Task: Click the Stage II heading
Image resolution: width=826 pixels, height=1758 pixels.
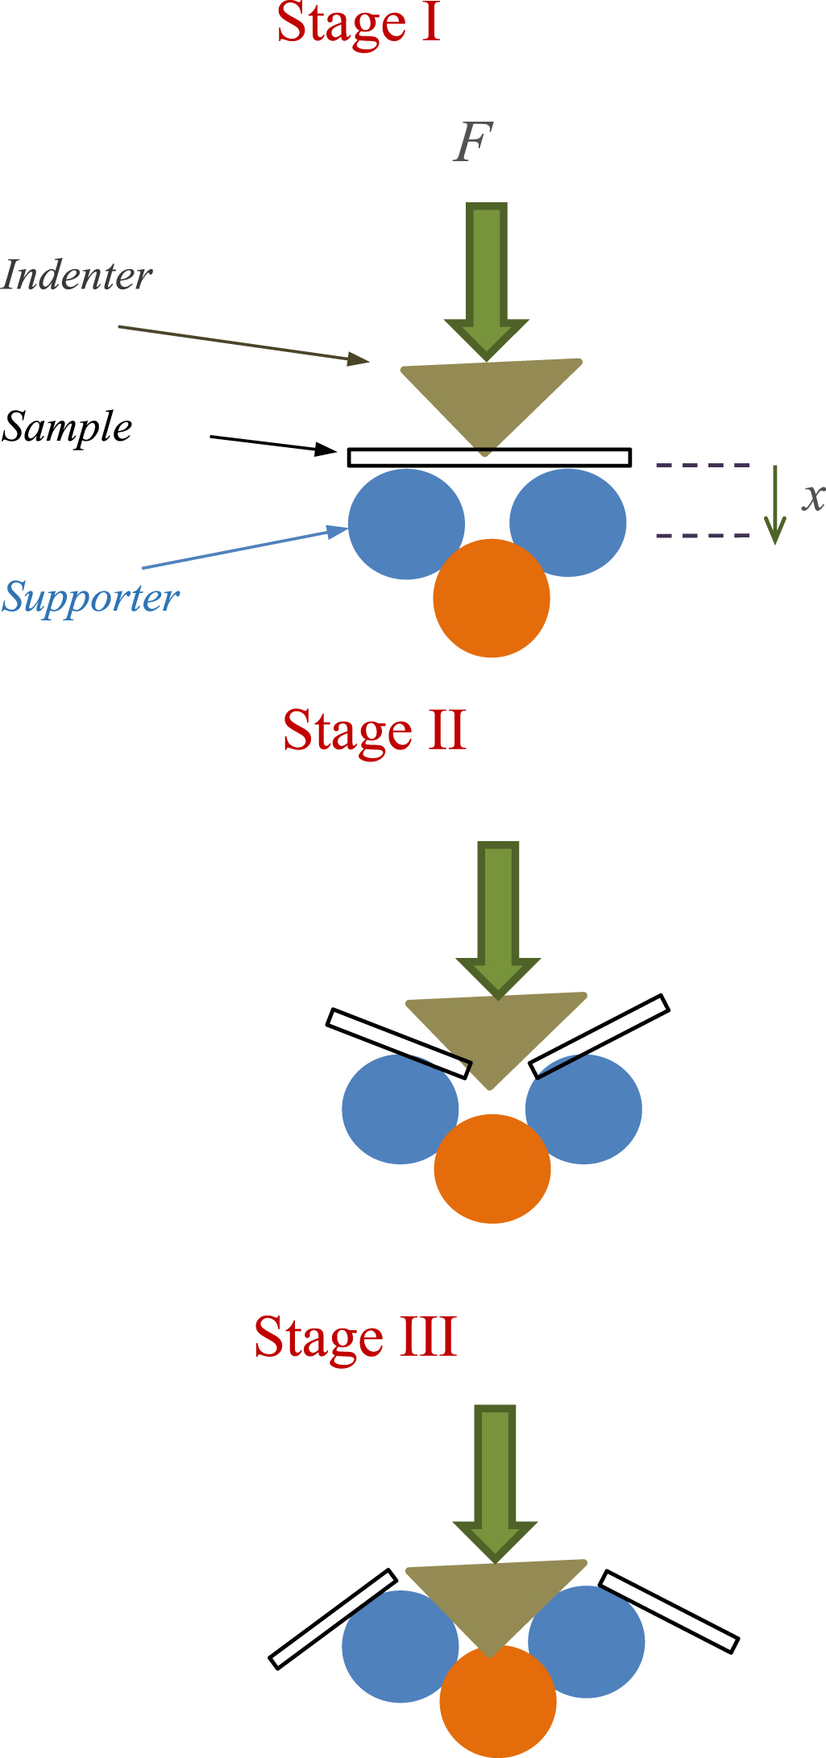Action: pyautogui.click(x=375, y=731)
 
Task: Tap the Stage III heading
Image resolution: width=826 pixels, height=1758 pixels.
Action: pyautogui.click(x=355, y=1337)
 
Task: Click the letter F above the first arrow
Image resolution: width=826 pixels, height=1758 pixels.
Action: pyautogui.click(x=472, y=143)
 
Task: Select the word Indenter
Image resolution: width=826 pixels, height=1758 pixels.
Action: pyautogui.click(x=77, y=276)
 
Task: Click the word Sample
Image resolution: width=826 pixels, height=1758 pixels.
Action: pyautogui.click(x=68, y=428)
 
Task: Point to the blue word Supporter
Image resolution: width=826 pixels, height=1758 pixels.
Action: pyautogui.click(x=90, y=598)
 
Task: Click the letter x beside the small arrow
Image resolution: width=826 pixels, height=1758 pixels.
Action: pyautogui.click(x=813, y=497)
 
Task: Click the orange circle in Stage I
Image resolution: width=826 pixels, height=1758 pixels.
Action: pyautogui.click(x=492, y=599)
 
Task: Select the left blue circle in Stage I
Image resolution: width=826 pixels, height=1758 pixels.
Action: pyautogui.click(x=405, y=524)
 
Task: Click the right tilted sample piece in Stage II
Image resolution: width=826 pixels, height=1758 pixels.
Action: pyautogui.click(x=600, y=1035)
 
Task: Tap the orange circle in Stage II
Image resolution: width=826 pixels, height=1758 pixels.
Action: pyautogui.click(x=492, y=1168)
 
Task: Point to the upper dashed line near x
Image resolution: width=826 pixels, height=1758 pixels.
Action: pyautogui.click(x=703, y=465)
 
